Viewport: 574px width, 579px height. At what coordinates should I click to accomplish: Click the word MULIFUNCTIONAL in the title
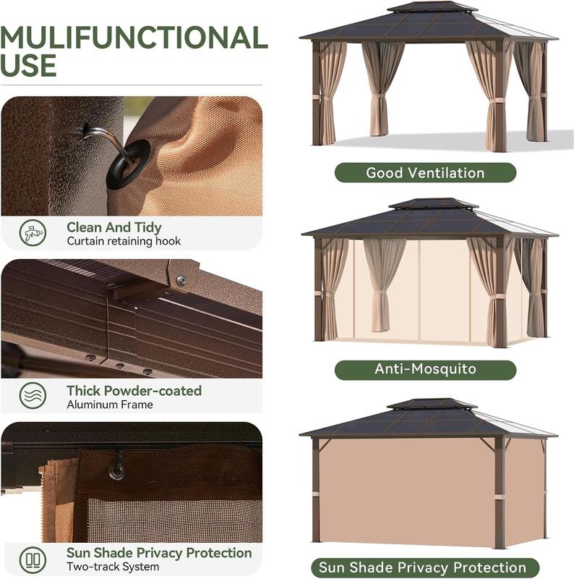pyautogui.click(x=134, y=38)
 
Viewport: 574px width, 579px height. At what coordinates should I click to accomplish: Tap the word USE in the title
pyautogui.click(x=29, y=67)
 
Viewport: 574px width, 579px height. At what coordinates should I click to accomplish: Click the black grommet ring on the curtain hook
pyautogui.click(x=129, y=164)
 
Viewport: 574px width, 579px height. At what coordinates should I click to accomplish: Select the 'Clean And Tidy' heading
pyautogui.click(x=115, y=228)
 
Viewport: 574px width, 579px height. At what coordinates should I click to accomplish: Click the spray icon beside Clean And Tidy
pyautogui.click(x=33, y=233)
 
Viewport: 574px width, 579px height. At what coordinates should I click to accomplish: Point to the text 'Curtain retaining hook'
pyautogui.click(x=124, y=242)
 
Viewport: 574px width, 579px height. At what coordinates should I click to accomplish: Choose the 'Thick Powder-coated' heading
pyautogui.click(x=134, y=391)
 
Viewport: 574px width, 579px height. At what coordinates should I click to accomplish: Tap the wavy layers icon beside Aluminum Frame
pyautogui.click(x=33, y=397)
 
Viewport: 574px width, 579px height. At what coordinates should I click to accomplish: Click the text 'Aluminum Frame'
pyautogui.click(x=110, y=405)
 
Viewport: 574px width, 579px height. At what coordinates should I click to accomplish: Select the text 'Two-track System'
pyautogui.click(x=114, y=567)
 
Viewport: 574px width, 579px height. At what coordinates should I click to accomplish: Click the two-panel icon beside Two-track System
pyautogui.click(x=33, y=559)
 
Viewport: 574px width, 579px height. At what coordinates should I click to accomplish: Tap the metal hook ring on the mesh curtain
pyautogui.click(x=116, y=471)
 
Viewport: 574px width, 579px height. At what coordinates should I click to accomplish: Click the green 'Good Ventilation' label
pyautogui.click(x=425, y=172)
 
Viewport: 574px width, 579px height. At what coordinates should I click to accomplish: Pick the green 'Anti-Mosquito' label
pyautogui.click(x=425, y=369)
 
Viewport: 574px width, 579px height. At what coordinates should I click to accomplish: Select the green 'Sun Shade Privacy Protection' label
pyautogui.click(x=425, y=567)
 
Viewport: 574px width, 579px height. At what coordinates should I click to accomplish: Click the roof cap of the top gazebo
pyautogui.click(x=432, y=8)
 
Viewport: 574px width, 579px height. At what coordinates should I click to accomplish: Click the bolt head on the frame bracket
pyautogui.click(x=181, y=280)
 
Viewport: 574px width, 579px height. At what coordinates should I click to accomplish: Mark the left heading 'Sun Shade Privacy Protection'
pyautogui.click(x=159, y=553)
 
